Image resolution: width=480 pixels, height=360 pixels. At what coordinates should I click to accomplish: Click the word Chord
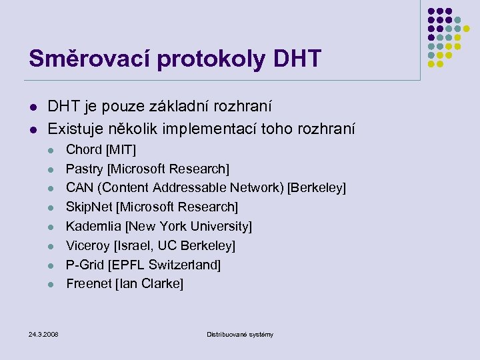(x=83, y=150)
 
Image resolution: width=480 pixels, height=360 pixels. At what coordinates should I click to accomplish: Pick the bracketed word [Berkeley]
(x=317, y=188)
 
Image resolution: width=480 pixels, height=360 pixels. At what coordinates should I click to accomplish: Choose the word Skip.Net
(x=89, y=207)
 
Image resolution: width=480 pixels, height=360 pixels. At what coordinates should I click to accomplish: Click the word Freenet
(x=89, y=284)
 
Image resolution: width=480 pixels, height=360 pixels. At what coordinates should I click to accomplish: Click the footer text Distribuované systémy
(x=240, y=334)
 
